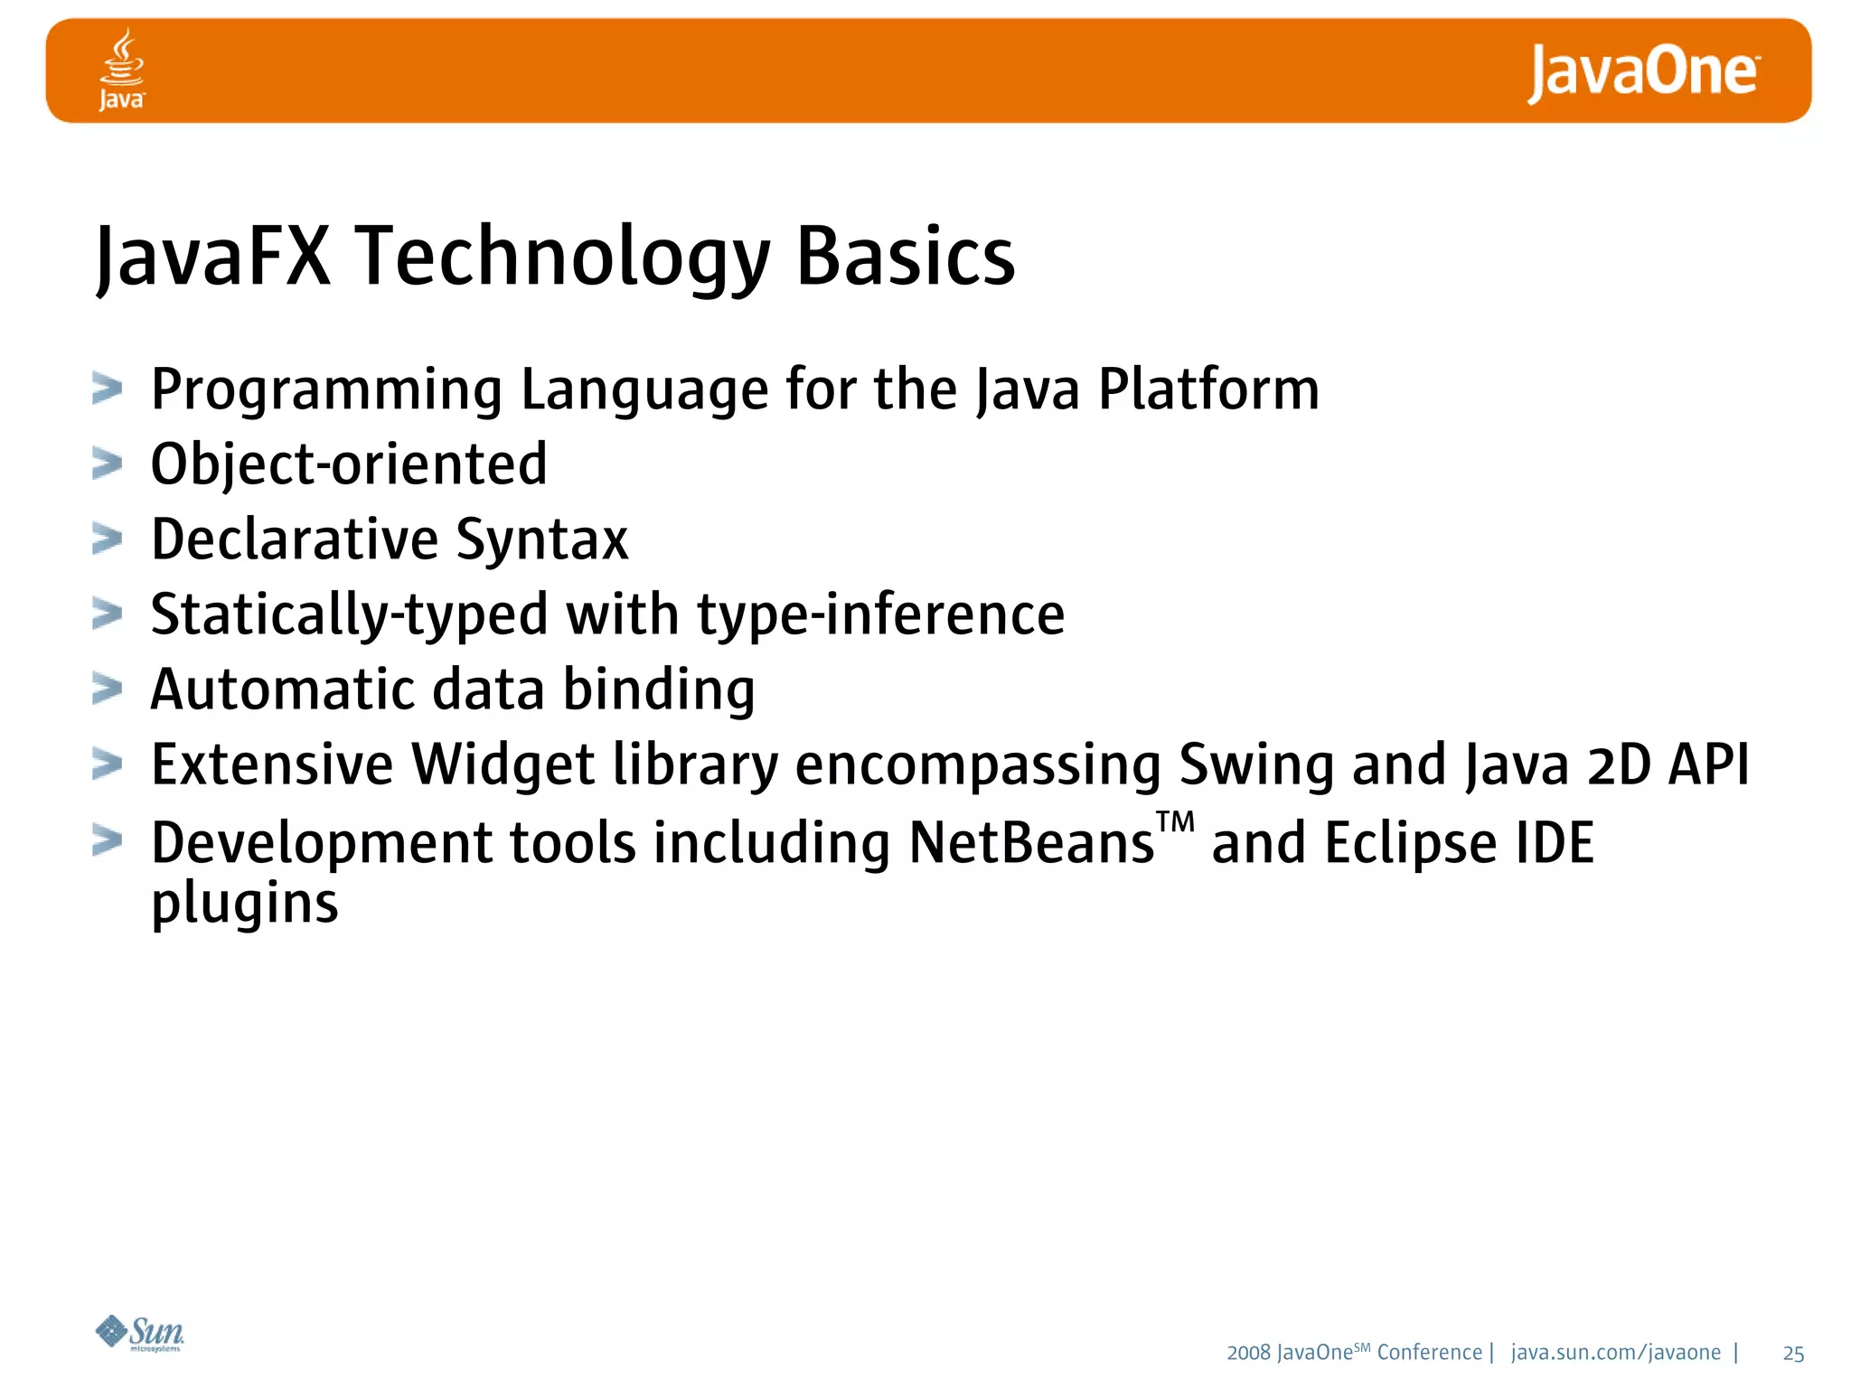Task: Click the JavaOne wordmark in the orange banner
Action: tap(1642, 72)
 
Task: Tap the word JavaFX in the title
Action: tap(213, 258)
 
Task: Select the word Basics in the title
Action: tap(905, 258)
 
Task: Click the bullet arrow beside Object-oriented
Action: tap(107, 464)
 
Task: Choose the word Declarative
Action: tap(295, 539)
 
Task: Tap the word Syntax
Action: tap(541, 540)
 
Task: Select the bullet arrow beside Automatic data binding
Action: tap(107, 689)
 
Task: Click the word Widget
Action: tap(503, 764)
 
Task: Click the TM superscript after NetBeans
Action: tap(1175, 822)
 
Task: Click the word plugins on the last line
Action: tap(244, 903)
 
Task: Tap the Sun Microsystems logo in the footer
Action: tap(140, 1333)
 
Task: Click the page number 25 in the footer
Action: tap(1793, 1354)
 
